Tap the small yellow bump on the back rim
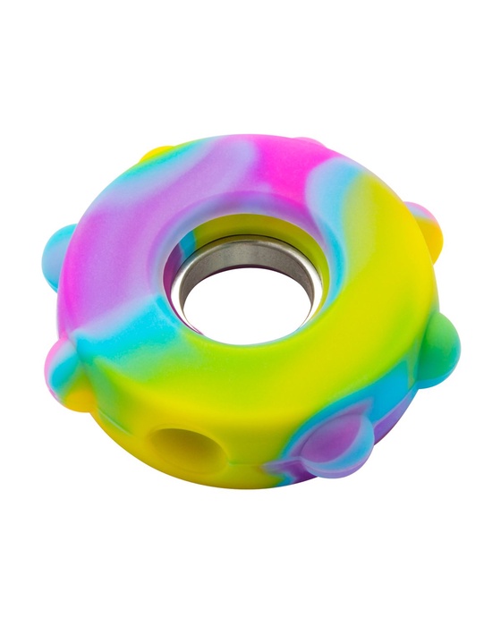tap(162, 153)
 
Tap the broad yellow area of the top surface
tap(358, 295)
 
